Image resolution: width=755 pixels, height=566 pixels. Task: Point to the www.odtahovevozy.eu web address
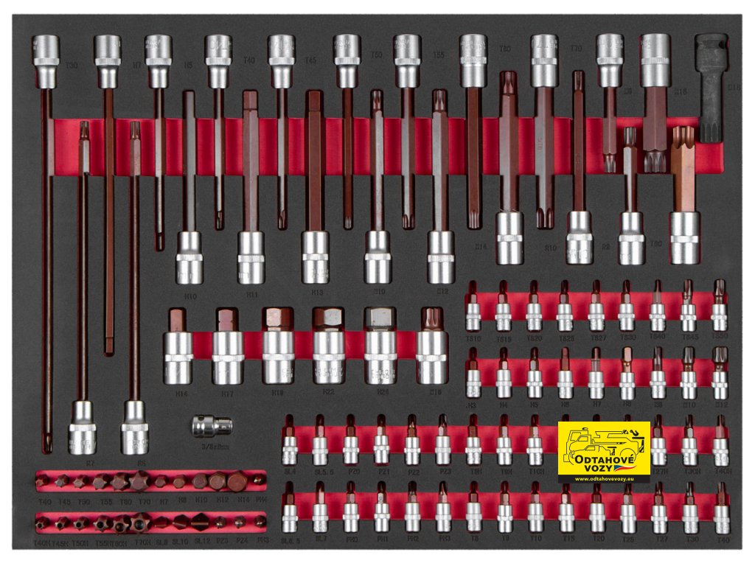[604, 478]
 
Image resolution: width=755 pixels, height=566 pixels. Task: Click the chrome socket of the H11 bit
[250, 257]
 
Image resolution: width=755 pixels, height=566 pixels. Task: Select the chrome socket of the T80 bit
[685, 237]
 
